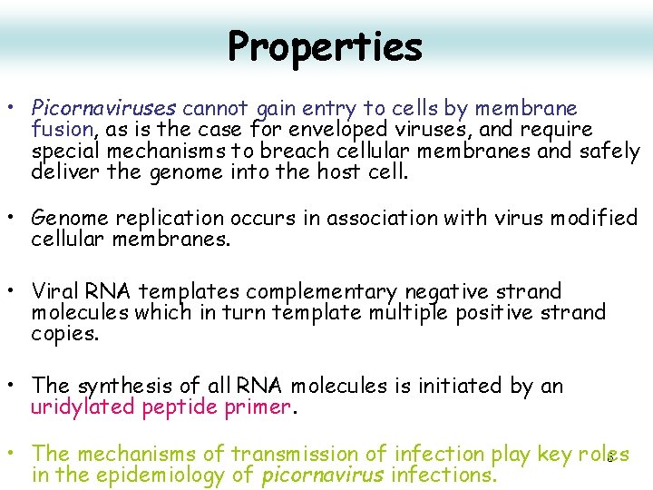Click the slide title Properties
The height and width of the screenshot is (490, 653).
pyautogui.click(x=325, y=46)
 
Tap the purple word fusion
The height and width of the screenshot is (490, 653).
pyautogui.click(x=63, y=131)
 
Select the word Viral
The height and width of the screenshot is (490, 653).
pyautogui.click(x=57, y=292)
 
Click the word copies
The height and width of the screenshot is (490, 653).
pyautogui.click(x=63, y=334)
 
